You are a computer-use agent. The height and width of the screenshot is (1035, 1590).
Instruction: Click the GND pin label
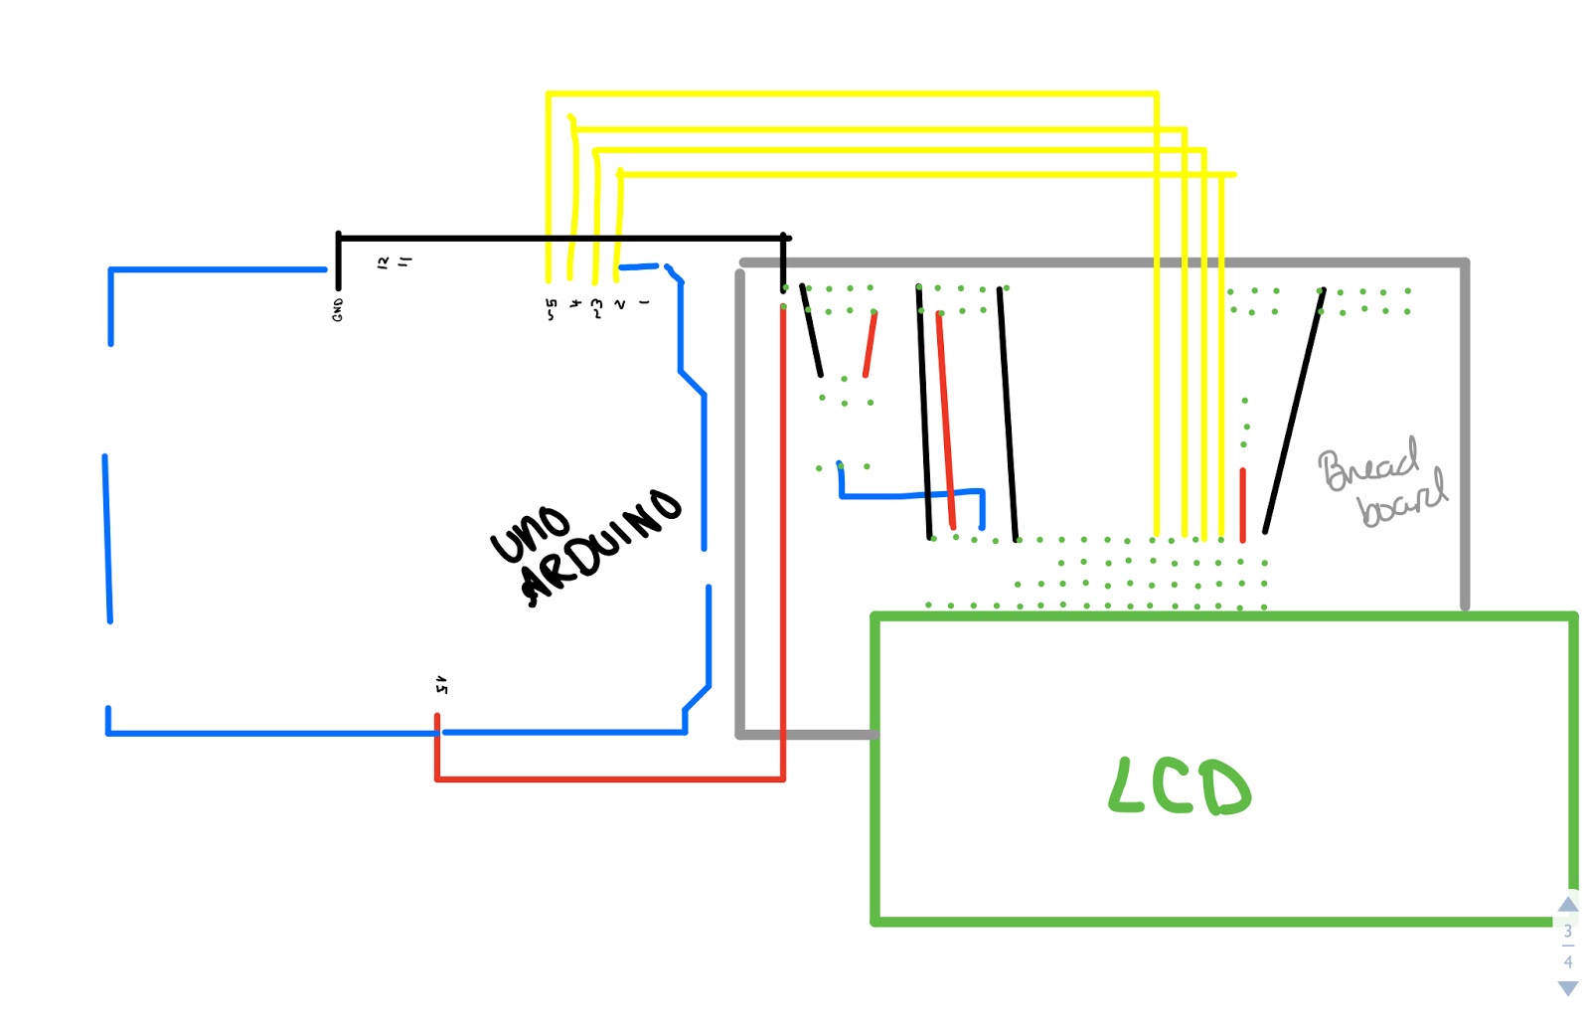coord(338,309)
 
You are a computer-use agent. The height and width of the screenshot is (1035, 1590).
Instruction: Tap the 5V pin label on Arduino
coord(441,684)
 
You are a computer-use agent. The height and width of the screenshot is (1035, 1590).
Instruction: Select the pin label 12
coord(384,262)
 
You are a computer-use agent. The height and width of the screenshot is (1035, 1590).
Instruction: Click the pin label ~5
coord(551,309)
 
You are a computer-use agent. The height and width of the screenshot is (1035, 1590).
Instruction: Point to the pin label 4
coord(574,304)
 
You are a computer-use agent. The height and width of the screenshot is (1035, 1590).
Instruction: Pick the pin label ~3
coord(596,307)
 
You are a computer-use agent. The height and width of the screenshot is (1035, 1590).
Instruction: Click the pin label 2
coord(620,304)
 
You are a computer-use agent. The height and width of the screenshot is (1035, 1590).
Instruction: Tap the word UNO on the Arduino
coord(530,534)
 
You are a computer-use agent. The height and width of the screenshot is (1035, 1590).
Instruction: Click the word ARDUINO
coord(600,547)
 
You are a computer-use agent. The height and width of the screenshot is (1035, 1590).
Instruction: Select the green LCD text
coord(1179,786)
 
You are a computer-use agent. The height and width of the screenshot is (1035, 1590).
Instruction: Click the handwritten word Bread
coord(1367,465)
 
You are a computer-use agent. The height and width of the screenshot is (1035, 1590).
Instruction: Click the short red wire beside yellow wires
coord(1242,504)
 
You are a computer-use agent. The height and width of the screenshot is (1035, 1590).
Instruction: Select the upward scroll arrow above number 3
coord(1567,904)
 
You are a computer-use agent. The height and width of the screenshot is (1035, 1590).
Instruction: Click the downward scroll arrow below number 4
coord(1567,988)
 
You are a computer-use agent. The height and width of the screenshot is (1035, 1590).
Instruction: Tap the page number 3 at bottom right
coord(1567,932)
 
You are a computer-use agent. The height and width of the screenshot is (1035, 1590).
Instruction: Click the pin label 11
coord(404,261)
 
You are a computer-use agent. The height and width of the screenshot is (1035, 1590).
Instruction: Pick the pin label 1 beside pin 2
coord(644,302)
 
